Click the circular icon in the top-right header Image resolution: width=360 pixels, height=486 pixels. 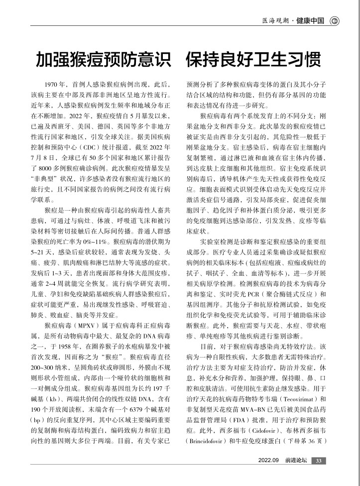tap(335, 21)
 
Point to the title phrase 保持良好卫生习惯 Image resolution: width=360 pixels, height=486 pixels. tap(253, 60)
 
